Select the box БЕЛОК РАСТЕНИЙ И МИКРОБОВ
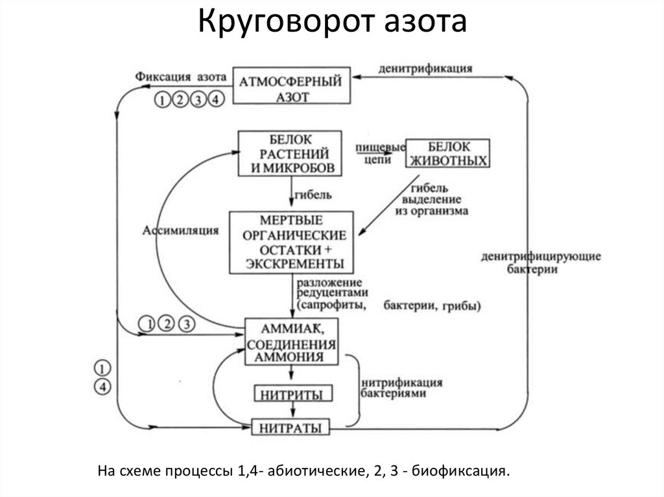289,154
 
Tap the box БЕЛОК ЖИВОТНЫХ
447,154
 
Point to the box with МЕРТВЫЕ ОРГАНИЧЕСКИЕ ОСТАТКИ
291,241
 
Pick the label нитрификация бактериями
402,387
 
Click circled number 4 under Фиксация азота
217,99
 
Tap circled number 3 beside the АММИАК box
185,322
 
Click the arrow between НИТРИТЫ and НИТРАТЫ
292,410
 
